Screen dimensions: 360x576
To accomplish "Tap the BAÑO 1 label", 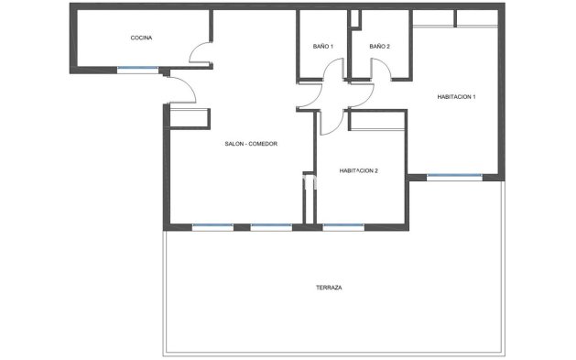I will coord(322,46).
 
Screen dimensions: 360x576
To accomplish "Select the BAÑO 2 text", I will coord(380,46).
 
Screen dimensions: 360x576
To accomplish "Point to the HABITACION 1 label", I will coord(456,97).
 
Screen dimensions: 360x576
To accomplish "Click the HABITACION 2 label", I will coord(359,170).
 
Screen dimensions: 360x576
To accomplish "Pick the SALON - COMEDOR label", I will coord(251,144).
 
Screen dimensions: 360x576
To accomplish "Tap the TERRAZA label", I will coord(329,287).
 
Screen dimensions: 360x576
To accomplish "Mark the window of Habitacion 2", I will coord(341,226).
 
